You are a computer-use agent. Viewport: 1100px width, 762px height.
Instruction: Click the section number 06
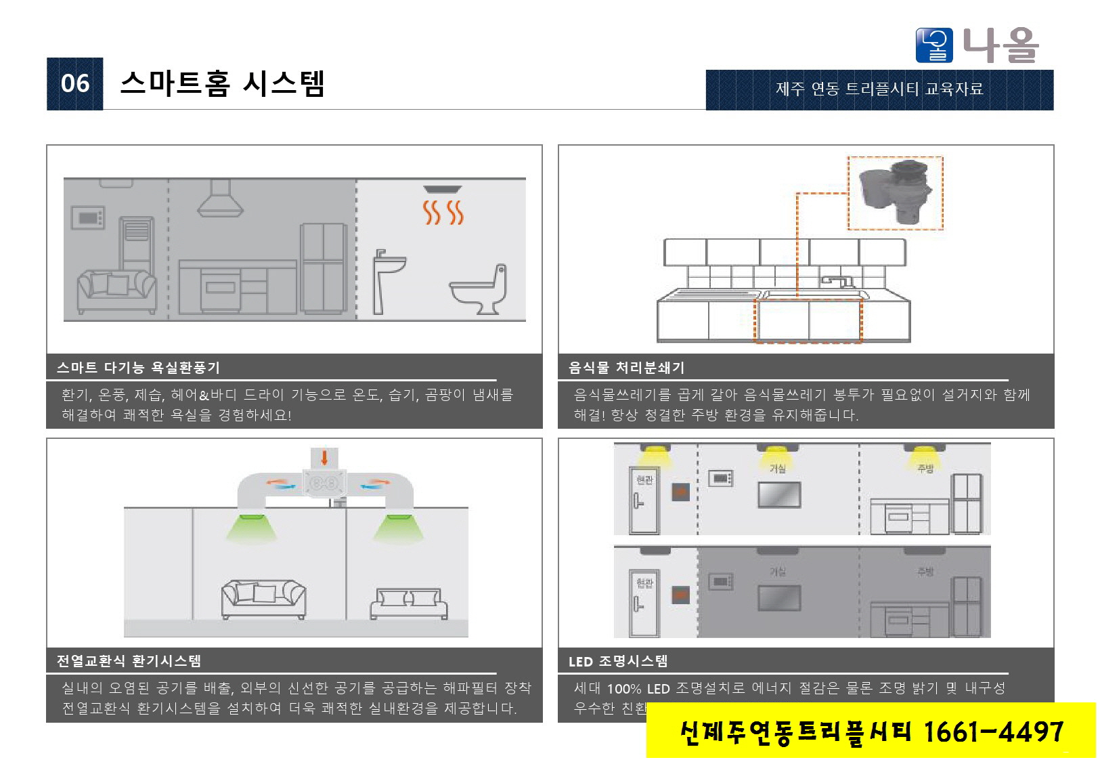point(74,83)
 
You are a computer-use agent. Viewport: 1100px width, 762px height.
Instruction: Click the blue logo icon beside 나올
point(934,45)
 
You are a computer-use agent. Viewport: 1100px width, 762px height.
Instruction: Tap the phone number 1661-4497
point(993,732)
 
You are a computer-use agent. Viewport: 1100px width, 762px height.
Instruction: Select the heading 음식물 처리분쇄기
point(626,368)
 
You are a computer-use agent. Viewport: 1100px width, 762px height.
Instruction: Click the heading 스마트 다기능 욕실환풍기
point(138,368)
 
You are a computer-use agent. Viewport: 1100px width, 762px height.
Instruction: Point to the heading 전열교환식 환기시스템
point(129,661)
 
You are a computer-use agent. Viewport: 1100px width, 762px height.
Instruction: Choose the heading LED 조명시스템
point(617,661)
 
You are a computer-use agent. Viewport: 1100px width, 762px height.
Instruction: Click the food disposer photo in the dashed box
point(895,192)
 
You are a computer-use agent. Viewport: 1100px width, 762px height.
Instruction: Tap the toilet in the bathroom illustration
point(479,290)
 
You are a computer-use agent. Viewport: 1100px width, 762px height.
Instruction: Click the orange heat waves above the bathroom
point(443,212)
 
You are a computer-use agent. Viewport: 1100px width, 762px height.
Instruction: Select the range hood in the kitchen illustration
point(220,198)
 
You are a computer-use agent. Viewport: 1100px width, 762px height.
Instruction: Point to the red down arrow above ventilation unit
point(324,457)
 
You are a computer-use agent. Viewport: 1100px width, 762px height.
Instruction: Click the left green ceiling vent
point(251,528)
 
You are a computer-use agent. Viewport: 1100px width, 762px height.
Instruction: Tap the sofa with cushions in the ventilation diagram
point(263,598)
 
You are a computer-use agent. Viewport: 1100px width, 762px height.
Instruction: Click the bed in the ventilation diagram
point(408,603)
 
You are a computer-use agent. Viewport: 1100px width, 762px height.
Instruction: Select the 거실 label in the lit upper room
point(777,468)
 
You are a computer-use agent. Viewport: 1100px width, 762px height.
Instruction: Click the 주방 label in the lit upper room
point(925,468)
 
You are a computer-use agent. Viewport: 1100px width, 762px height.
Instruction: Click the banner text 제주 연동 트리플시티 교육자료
point(879,89)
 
